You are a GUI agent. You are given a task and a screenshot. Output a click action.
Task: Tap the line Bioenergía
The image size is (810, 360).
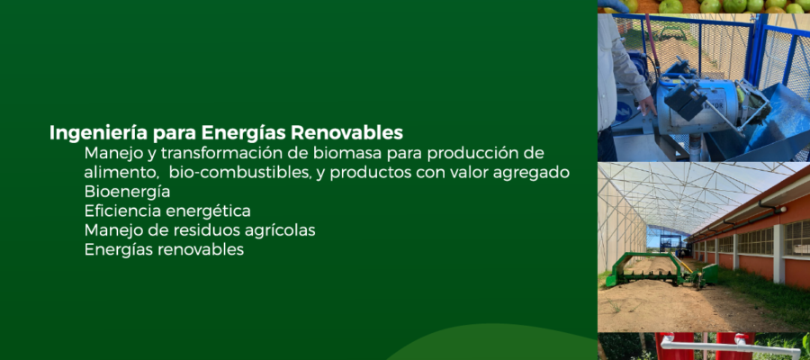[127, 192]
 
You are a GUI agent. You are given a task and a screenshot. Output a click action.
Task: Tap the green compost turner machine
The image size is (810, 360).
[661, 270]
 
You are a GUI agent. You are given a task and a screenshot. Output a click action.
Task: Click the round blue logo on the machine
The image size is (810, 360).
[623, 111]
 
